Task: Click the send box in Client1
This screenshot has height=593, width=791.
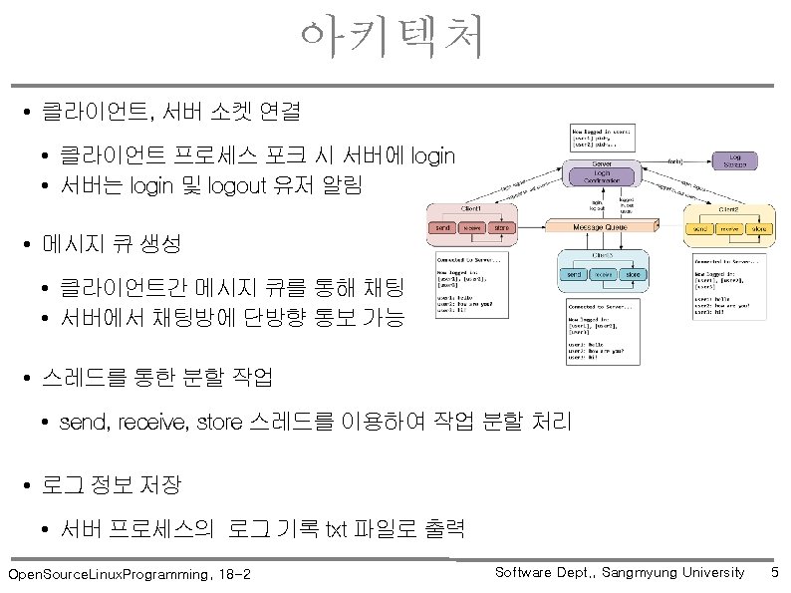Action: point(442,228)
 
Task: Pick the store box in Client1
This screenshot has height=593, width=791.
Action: point(502,228)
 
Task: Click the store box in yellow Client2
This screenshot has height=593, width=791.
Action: point(759,229)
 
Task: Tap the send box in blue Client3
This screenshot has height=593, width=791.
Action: point(575,274)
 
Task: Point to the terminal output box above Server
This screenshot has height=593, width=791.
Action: point(602,137)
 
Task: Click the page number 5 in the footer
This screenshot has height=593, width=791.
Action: point(775,572)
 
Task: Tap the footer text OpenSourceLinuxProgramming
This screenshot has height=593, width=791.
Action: point(109,575)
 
